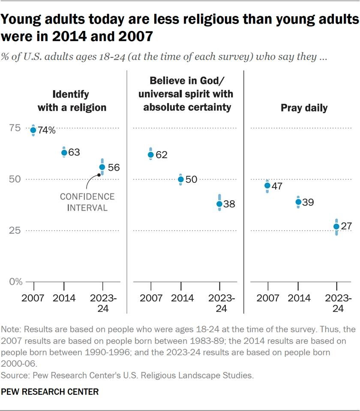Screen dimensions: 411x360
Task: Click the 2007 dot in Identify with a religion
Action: pyautogui.click(x=33, y=130)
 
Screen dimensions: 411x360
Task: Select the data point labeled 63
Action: pyautogui.click(x=64, y=152)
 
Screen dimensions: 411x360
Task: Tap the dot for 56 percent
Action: pyautogui.click(x=102, y=167)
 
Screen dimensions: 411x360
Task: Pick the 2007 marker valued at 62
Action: pyautogui.click(x=151, y=154)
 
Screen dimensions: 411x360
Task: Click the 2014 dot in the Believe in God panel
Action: pyautogui.click(x=181, y=179)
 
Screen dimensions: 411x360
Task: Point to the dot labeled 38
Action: pyautogui.click(x=219, y=204)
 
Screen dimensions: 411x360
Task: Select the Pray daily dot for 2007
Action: pyautogui.click(x=267, y=185)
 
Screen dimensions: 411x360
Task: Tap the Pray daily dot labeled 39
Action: pyautogui.click(x=298, y=202)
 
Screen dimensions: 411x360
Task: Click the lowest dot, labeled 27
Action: pyautogui.click(x=336, y=227)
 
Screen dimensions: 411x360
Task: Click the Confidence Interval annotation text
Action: pyautogui.click(x=87, y=202)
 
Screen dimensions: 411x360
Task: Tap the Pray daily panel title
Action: pyautogui.click(x=304, y=108)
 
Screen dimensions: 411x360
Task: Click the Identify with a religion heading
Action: pyautogui.click(x=72, y=101)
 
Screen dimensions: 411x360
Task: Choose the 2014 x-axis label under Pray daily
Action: pyautogui.click(x=298, y=298)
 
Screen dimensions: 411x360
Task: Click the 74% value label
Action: pyautogui.click(x=46, y=130)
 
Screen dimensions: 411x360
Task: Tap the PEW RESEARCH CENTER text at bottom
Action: pyautogui.click(x=50, y=392)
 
